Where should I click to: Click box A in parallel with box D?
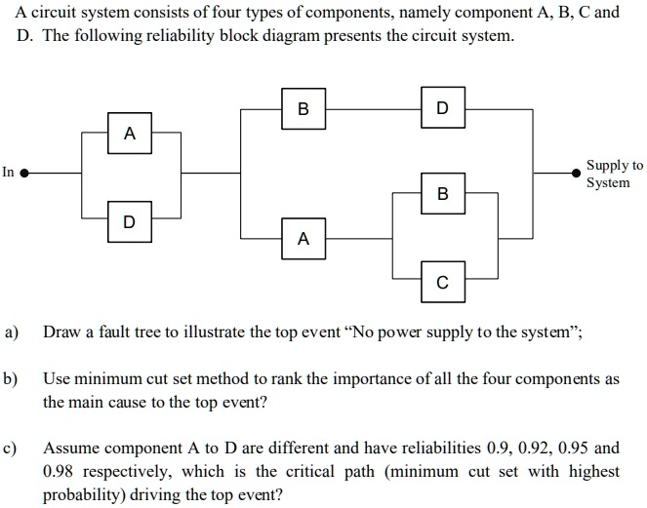[x=131, y=133]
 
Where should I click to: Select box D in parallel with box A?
[x=131, y=221]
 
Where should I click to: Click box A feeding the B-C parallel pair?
[x=303, y=238]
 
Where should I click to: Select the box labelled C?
[x=444, y=283]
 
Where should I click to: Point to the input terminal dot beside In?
[x=26, y=174]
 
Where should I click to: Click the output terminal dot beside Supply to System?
[x=575, y=174]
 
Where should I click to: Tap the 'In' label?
[x=9, y=173]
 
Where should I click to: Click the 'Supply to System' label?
[x=614, y=174]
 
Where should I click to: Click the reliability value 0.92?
[x=543, y=448]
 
